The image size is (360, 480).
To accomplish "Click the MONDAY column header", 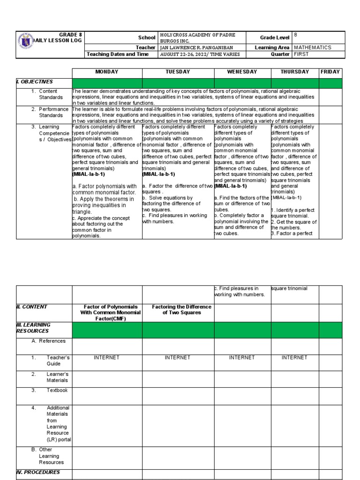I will click(x=106, y=72).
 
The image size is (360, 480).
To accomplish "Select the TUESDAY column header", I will click(x=178, y=72).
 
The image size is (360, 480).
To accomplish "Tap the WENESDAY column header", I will click(x=242, y=72).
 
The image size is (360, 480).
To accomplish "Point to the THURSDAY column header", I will click(x=294, y=72).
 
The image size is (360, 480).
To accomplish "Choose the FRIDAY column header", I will click(x=330, y=72).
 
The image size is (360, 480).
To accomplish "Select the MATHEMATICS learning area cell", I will click(x=313, y=47).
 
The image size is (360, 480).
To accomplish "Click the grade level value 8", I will click(x=296, y=35).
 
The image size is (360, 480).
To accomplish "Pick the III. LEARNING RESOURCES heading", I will click(x=33, y=328).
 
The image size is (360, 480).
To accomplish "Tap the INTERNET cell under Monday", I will click(x=107, y=357).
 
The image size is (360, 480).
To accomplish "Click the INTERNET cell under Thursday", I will click(x=294, y=357).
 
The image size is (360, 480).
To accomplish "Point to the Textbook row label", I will click(x=57, y=390).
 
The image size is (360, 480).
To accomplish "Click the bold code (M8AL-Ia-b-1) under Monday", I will click(x=89, y=174).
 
